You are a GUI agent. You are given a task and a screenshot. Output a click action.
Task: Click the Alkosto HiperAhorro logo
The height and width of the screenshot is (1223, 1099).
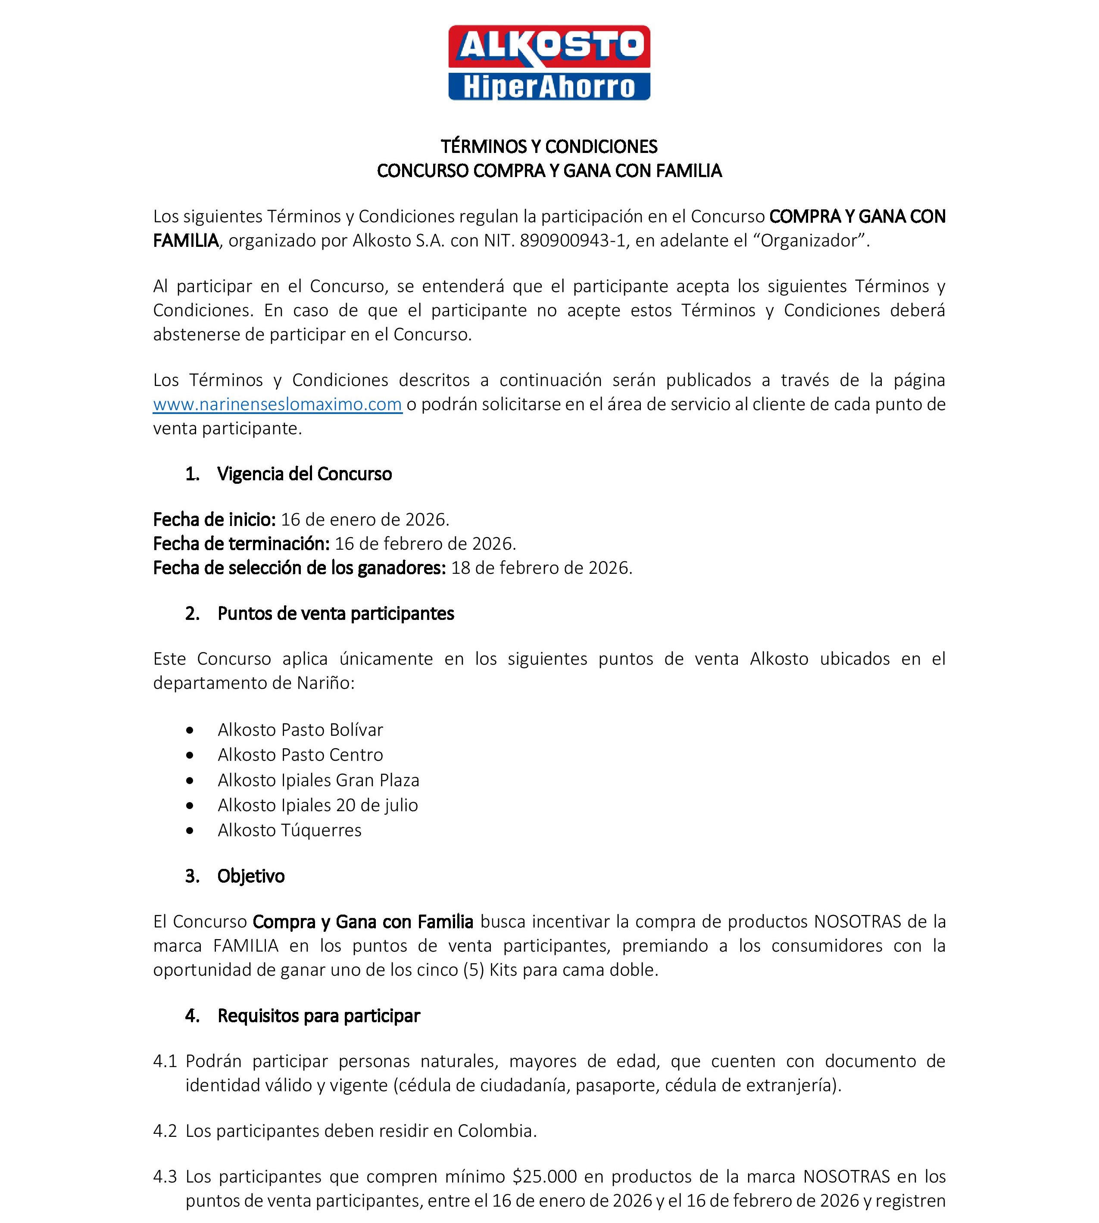[x=549, y=63]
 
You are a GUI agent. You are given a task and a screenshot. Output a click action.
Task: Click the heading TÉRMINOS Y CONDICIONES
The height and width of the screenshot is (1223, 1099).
[x=549, y=147]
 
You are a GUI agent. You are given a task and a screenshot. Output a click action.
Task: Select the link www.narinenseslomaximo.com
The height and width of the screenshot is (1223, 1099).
[x=277, y=405]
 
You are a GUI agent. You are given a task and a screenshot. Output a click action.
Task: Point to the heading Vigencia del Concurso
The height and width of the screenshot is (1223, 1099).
[x=304, y=474]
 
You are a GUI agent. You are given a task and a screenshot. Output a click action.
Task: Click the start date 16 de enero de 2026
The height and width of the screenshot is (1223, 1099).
[x=365, y=520]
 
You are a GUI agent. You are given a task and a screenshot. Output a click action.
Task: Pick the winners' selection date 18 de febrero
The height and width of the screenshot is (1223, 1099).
[x=541, y=568]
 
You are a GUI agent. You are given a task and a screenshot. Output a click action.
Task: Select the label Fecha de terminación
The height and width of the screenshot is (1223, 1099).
[x=241, y=544]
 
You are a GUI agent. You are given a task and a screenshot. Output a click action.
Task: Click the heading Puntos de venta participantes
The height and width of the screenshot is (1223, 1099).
[x=336, y=614]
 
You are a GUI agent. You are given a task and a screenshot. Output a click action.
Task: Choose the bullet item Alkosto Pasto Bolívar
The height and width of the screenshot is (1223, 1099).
[x=300, y=730]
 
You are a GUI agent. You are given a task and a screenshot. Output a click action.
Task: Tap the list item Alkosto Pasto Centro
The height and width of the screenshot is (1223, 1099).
[x=300, y=755]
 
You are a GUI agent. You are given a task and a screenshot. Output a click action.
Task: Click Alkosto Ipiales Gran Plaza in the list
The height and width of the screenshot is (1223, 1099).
[x=318, y=781]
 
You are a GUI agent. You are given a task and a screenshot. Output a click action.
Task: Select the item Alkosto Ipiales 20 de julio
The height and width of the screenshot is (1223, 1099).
[x=318, y=805]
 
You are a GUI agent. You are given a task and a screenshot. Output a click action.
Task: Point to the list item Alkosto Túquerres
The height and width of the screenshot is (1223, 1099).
[x=289, y=831]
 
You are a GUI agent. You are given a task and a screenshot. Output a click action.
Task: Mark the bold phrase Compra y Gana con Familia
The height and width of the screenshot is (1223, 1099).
[x=362, y=922]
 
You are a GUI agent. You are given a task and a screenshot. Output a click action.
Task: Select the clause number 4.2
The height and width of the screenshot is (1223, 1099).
[x=165, y=1131]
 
